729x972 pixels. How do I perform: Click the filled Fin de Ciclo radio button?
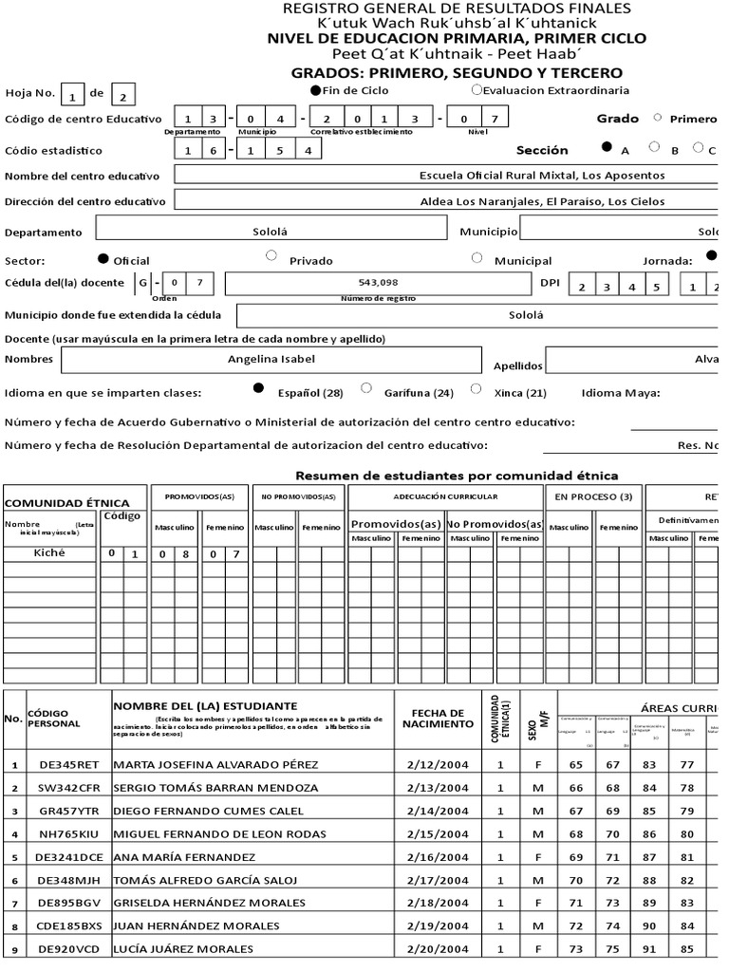point(317,90)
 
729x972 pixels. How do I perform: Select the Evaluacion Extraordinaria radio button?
point(477,90)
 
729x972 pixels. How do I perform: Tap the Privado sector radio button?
point(271,255)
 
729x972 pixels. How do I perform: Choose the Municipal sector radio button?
point(477,256)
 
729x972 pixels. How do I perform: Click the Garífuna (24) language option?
point(366,387)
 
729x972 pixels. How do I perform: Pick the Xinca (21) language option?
point(477,388)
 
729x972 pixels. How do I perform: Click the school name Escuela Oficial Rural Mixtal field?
point(541,176)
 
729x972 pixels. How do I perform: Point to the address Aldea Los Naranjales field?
point(541,201)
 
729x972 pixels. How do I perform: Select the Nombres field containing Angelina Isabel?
point(271,359)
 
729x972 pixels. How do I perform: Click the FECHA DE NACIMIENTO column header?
point(438,719)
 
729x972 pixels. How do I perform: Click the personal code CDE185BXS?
point(64,925)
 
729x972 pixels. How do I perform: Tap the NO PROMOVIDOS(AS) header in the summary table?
point(298,496)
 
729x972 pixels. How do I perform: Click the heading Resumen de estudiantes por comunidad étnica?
point(457,475)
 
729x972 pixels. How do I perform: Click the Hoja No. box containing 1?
point(72,95)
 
